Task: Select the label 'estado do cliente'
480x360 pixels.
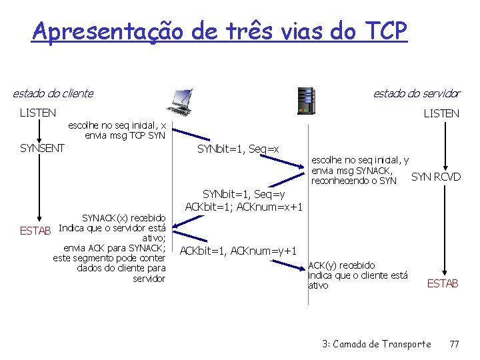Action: (x=53, y=93)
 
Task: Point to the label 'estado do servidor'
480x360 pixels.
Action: (x=417, y=93)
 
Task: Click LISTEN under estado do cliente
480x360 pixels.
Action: (x=38, y=113)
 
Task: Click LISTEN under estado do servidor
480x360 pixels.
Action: (x=441, y=113)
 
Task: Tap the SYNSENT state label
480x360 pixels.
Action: (x=42, y=148)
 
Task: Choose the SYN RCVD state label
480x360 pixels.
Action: (x=436, y=177)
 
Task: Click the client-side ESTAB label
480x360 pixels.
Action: (x=35, y=231)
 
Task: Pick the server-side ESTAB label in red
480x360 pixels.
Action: (x=443, y=284)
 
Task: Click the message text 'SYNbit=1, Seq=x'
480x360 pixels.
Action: (x=238, y=149)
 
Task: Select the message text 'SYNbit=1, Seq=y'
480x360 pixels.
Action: (x=244, y=194)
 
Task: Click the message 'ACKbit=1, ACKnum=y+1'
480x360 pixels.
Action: (x=238, y=251)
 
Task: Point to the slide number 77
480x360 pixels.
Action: (x=455, y=344)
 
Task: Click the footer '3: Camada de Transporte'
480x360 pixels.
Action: (x=376, y=344)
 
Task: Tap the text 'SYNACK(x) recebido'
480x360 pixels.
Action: (x=123, y=218)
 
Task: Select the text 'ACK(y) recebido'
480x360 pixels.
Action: (x=341, y=265)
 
